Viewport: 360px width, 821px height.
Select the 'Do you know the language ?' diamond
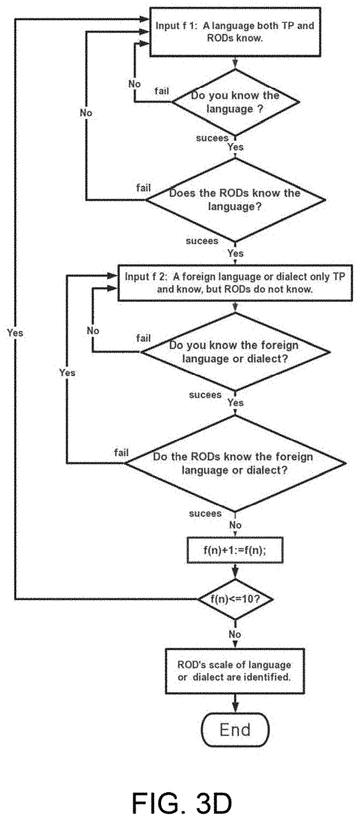[235, 102]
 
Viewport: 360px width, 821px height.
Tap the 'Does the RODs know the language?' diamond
[235, 200]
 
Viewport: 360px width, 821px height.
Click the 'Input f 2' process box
[235, 283]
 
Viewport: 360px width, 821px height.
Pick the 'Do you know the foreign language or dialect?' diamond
[235, 352]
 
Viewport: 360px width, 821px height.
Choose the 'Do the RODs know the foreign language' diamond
[235, 463]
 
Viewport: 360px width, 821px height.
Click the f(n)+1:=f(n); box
[235, 550]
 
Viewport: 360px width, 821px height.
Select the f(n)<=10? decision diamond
[235, 599]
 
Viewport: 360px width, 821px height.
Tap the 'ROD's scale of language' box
[235, 670]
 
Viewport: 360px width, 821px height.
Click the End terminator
[235, 730]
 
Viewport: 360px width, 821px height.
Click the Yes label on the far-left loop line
[15, 333]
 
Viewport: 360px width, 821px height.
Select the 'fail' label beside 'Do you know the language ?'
[162, 91]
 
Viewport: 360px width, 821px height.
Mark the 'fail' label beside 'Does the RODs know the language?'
[143, 188]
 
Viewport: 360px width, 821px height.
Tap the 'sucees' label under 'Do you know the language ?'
[212, 138]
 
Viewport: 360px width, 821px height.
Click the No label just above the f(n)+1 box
[235, 525]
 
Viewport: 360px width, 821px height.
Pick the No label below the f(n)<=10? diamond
[235, 634]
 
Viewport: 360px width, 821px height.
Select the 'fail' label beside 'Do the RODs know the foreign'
[121, 452]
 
